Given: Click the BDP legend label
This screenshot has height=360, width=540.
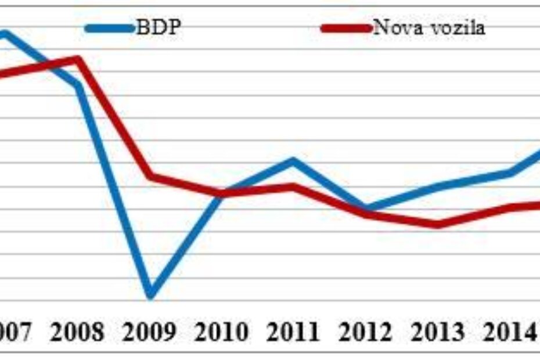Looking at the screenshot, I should pos(158,27).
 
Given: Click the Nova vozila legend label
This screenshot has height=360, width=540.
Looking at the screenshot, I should pos(428,27).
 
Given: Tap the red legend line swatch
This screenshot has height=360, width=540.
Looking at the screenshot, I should pos(346,28).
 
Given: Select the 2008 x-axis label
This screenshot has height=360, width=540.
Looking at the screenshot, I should pos(77,332).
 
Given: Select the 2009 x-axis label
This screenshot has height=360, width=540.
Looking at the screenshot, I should pos(150,332).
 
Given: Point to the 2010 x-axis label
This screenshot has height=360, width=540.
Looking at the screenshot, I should pos(222,332).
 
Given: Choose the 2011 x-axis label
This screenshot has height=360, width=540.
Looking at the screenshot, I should pos(294,332).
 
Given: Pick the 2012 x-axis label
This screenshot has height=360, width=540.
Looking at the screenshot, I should pos(366,332).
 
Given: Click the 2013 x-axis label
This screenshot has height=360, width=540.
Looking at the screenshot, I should pos(438,332).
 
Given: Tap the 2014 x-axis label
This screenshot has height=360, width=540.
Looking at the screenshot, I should pos(509,332).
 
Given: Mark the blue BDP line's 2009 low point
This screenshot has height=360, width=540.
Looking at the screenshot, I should pos(150,295).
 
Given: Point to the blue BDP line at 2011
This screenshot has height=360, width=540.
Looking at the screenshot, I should pos(294,160).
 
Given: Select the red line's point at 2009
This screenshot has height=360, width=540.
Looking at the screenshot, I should pos(150,175).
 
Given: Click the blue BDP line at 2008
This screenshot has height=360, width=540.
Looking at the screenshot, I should pos(77,85).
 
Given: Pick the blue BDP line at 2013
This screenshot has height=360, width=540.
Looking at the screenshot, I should pos(438,186).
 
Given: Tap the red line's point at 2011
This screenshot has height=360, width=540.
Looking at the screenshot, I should pos(294,186).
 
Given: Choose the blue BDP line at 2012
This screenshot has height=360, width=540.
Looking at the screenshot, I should pos(366,207).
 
